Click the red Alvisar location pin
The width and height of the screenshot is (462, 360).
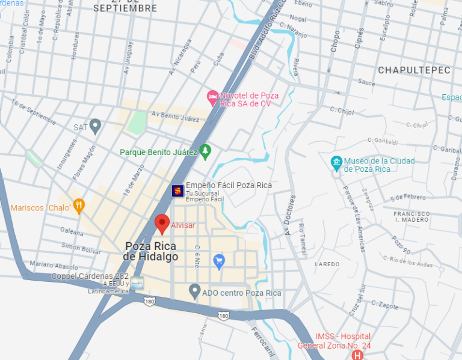162,224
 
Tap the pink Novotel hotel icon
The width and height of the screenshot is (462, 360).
212,97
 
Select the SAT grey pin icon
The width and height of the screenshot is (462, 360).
95,126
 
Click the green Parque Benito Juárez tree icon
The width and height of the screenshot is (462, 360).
205,151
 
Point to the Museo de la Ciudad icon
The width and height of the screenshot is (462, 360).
337,162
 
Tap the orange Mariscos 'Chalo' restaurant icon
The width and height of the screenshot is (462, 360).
79,207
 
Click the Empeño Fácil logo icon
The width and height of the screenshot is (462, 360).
177,191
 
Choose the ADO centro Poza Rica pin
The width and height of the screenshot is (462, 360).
194,291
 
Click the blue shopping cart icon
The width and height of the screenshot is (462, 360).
219,261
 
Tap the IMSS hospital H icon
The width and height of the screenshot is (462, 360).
358,355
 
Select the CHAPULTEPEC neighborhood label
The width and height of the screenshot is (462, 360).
414,70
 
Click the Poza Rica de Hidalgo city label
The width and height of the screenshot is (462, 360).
150,251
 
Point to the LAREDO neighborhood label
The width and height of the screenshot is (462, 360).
327,264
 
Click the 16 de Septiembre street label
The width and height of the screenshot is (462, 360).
34,114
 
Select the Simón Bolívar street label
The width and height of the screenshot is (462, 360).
81,246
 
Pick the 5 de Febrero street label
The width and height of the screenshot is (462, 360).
408,197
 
